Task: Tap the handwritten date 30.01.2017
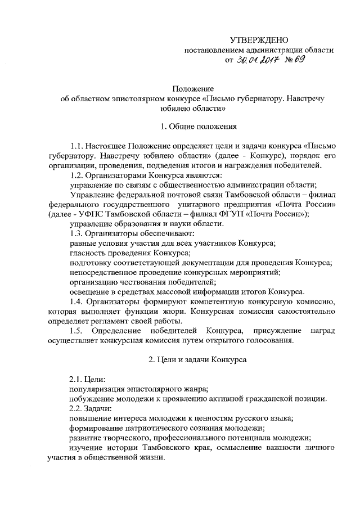[x=257, y=60]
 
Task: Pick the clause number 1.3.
[x=76, y=233]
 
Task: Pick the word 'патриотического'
[x=147, y=428]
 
